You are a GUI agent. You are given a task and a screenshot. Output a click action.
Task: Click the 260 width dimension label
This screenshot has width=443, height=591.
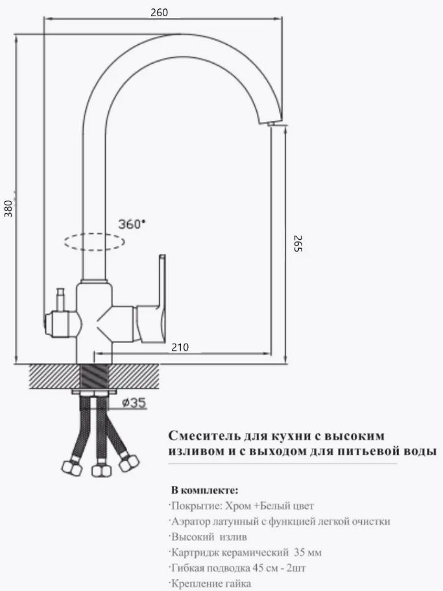click(x=159, y=12)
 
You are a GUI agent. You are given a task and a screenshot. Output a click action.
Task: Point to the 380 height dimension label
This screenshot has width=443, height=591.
click(x=8, y=208)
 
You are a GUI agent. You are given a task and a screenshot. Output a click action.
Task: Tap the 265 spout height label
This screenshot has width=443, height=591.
click(x=297, y=244)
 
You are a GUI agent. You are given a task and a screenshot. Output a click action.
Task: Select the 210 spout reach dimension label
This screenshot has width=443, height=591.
click(x=180, y=347)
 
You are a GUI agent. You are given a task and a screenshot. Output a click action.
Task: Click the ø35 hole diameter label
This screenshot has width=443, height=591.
click(x=134, y=403)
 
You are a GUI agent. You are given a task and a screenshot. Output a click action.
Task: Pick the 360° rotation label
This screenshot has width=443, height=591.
click(x=132, y=224)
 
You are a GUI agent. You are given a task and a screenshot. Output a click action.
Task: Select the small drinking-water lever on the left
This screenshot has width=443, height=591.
click(x=60, y=299)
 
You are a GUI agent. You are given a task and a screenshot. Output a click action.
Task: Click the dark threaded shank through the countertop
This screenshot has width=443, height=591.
click(x=95, y=375)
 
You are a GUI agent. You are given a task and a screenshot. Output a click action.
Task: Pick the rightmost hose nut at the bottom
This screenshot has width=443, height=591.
click(x=129, y=462)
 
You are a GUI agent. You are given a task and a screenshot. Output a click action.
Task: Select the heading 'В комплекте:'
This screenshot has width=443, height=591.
click(x=205, y=490)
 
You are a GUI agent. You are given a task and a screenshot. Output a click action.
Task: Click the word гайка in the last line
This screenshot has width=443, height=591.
click(x=238, y=583)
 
